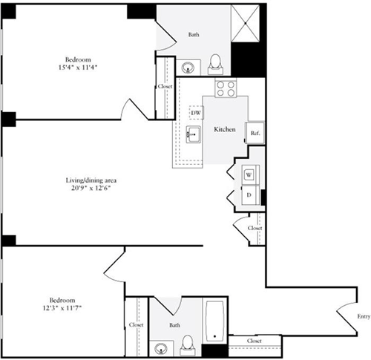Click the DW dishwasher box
(197, 113)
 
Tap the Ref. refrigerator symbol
(255, 133)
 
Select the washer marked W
(250, 174)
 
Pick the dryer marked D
(250, 195)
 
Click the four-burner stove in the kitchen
(226, 88)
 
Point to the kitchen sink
(194, 134)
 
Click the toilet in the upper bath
(215, 64)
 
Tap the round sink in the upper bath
(188, 68)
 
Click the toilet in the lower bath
(188, 346)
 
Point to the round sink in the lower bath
(160, 349)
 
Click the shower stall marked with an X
(245, 23)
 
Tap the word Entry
(364, 316)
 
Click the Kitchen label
(225, 129)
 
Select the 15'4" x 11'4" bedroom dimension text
(78, 68)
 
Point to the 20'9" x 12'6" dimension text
(91, 188)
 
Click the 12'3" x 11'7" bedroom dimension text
(62, 308)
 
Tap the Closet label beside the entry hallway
(255, 341)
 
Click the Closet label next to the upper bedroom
(165, 86)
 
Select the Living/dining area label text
(91, 180)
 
